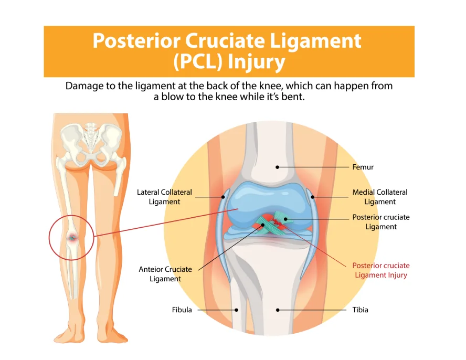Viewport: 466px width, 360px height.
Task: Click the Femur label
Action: (x=363, y=167)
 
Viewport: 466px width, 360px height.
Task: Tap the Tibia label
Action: (x=360, y=310)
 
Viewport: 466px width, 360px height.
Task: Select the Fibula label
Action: (x=182, y=310)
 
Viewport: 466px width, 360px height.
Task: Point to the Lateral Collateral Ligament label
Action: (x=164, y=197)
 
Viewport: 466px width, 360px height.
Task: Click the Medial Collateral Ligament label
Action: (x=379, y=197)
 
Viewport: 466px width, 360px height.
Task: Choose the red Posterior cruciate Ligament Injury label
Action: (x=380, y=270)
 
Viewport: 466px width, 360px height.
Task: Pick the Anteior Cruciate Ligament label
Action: (x=165, y=274)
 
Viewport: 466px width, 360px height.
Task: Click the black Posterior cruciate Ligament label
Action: (x=381, y=222)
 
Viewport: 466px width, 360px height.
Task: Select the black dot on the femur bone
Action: (x=278, y=167)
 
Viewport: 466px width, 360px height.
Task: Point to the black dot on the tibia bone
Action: (x=278, y=310)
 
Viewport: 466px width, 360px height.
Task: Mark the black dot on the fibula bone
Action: (x=237, y=310)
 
